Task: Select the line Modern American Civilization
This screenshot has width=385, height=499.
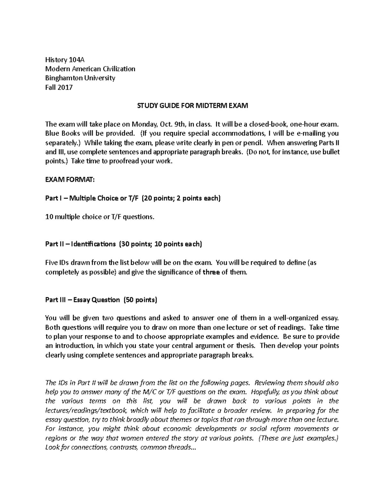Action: [x=90, y=69]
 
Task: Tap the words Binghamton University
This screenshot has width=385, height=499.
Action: [x=80, y=78]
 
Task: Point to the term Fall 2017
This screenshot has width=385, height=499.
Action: [x=59, y=87]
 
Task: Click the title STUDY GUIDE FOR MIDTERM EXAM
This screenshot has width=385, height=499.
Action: [x=193, y=106]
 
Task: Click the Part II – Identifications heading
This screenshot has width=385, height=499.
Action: [x=81, y=245]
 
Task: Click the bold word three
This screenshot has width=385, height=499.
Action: [x=211, y=272]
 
